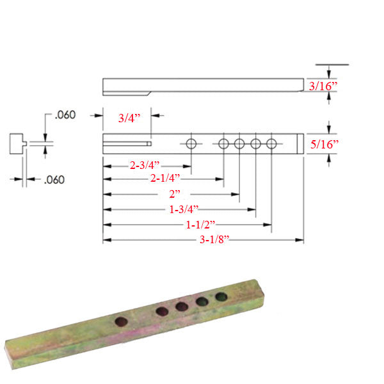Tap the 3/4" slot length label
(132, 118)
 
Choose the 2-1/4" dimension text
(165, 179)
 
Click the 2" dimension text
(175, 193)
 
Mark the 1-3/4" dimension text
(182, 209)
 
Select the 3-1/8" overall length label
(213, 240)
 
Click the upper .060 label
(65, 116)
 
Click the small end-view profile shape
(19, 143)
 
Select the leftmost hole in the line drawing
(191, 144)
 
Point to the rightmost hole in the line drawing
(271, 144)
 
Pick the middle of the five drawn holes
(239, 144)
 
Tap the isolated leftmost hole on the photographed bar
(121, 322)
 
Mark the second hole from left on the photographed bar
(163, 312)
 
